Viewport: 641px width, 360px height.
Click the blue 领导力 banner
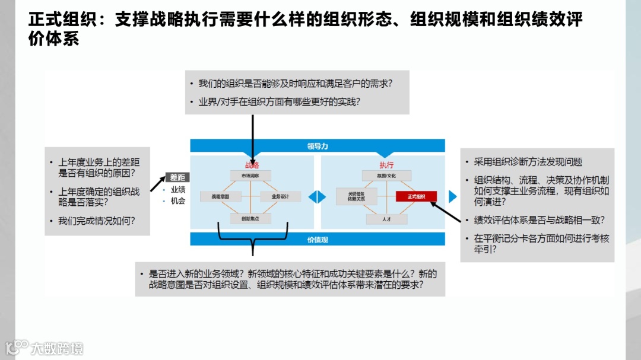(317, 145)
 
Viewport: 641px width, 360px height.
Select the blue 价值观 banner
(317, 239)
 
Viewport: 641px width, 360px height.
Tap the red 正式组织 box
(416, 196)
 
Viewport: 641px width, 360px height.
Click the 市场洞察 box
(250, 176)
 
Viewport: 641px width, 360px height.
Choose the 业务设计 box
(280, 196)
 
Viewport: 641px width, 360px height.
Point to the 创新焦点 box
(250, 218)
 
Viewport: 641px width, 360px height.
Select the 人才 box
(386, 219)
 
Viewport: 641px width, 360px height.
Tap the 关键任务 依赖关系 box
(356, 196)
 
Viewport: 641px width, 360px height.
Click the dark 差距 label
(177, 177)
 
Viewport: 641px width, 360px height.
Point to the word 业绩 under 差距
(178, 189)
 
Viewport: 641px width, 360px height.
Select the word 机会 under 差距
(178, 201)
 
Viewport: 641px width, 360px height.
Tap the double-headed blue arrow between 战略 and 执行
(317, 196)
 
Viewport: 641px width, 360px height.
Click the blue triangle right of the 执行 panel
(453, 196)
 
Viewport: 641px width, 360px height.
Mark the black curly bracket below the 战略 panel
(253, 240)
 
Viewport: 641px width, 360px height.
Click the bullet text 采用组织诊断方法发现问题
(528, 162)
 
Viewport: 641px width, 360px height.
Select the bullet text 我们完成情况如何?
(96, 221)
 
